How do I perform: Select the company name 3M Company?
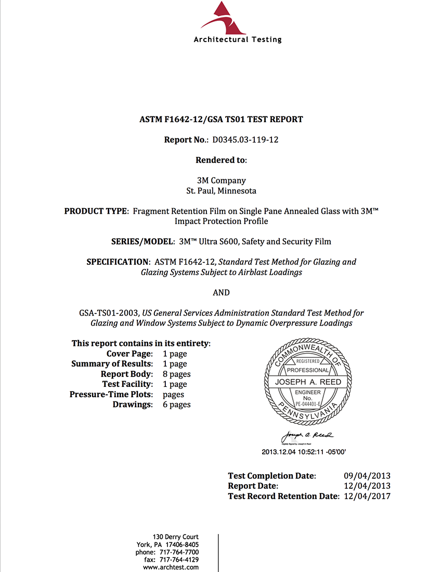click(221, 180)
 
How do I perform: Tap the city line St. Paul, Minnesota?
click(221, 191)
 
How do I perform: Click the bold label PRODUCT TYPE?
click(96, 211)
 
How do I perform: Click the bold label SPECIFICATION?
click(118, 262)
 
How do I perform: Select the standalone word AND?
click(221, 292)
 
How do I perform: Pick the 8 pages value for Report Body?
click(177, 374)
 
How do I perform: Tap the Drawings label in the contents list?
click(133, 405)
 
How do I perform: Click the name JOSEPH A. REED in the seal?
click(308, 382)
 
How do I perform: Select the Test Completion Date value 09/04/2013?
click(367, 476)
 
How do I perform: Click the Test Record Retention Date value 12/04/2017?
click(367, 496)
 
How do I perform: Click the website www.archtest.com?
click(171, 567)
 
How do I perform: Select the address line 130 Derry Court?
click(175, 537)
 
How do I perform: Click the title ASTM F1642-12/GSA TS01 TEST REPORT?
click(221, 120)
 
